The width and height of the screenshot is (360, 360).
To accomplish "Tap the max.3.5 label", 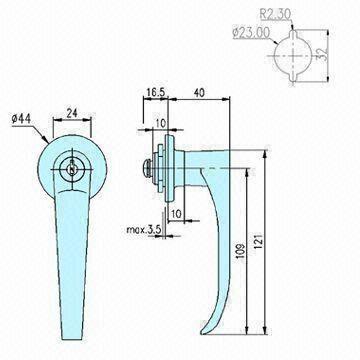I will coord(134,229).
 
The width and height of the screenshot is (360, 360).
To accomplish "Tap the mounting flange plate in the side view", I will coord(168,168).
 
